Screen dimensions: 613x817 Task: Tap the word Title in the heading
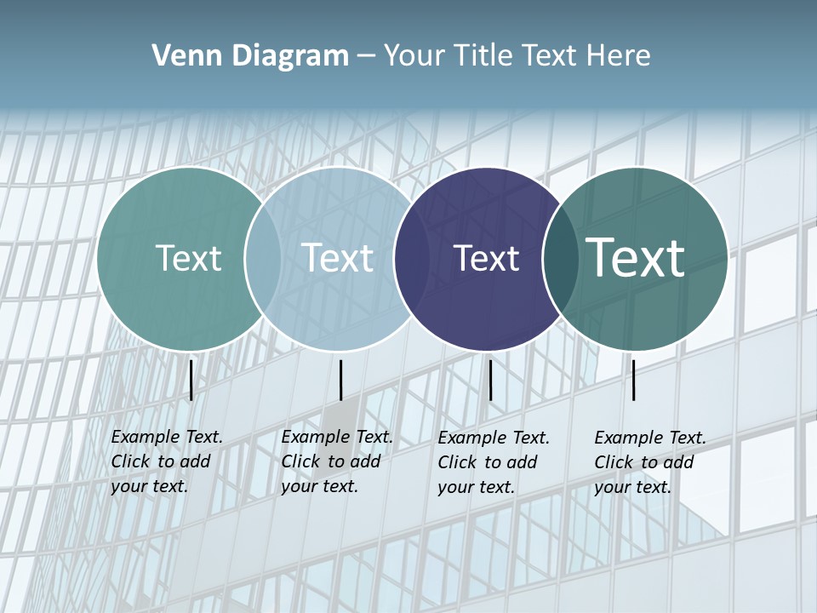point(483,56)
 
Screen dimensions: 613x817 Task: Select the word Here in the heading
point(620,56)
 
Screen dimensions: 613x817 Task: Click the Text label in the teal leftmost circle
point(188,258)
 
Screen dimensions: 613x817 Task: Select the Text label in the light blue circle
point(338,258)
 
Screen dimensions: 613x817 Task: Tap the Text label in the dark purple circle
point(486,258)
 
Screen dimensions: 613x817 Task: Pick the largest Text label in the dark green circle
point(635,258)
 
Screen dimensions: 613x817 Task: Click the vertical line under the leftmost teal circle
point(191,380)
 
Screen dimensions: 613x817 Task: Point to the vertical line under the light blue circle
point(340,380)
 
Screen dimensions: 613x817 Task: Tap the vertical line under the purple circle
point(490,380)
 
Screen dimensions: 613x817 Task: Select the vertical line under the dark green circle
point(634,380)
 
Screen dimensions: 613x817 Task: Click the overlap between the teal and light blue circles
point(263,258)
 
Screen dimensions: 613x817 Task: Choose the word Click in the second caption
point(300,461)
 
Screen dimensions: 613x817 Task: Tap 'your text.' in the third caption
point(476,487)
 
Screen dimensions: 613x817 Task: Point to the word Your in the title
point(414,56)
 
